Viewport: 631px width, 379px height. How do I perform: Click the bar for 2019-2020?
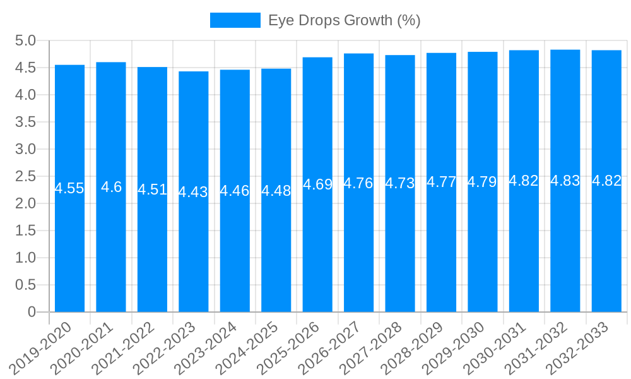[x=69, y=240]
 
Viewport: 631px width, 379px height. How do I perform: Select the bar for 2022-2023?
[x=193, y=240]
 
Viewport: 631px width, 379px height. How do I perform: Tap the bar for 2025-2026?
[x=317, y=240]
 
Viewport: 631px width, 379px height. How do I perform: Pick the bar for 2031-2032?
[x=565, y=240]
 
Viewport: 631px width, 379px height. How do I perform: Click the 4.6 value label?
[x=111, y=187]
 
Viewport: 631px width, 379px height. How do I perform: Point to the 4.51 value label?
[x=152, y=189]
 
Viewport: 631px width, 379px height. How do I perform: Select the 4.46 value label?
[x=235, y=191]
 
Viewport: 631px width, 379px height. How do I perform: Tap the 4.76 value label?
[x=358, y=183]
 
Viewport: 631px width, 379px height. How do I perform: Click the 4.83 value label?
[x=565, y=181]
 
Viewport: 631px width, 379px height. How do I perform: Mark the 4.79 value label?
[x=483, y=182]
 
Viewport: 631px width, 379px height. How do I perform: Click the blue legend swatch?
[x=235, y=20]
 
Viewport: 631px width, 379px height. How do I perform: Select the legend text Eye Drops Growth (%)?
[x=345, y=20]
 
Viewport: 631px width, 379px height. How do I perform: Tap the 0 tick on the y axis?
[x=32, y=312]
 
